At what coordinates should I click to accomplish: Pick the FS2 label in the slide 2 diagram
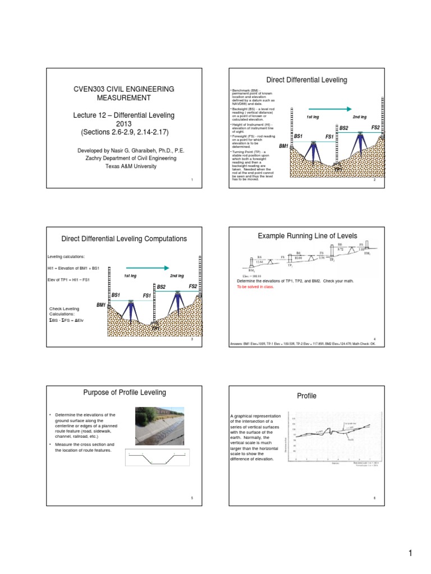[375, 128]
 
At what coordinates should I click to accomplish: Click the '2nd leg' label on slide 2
[359, 117]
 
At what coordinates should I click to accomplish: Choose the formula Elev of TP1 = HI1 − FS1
[69, 280]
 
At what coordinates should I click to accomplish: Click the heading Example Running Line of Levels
[307, 237]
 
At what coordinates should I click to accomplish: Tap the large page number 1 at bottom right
[410, 554]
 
